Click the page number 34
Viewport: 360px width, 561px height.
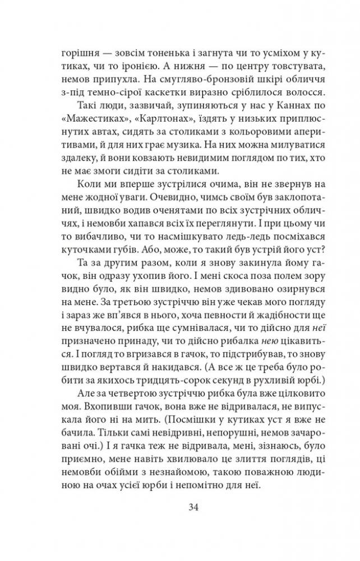[179, 508]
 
